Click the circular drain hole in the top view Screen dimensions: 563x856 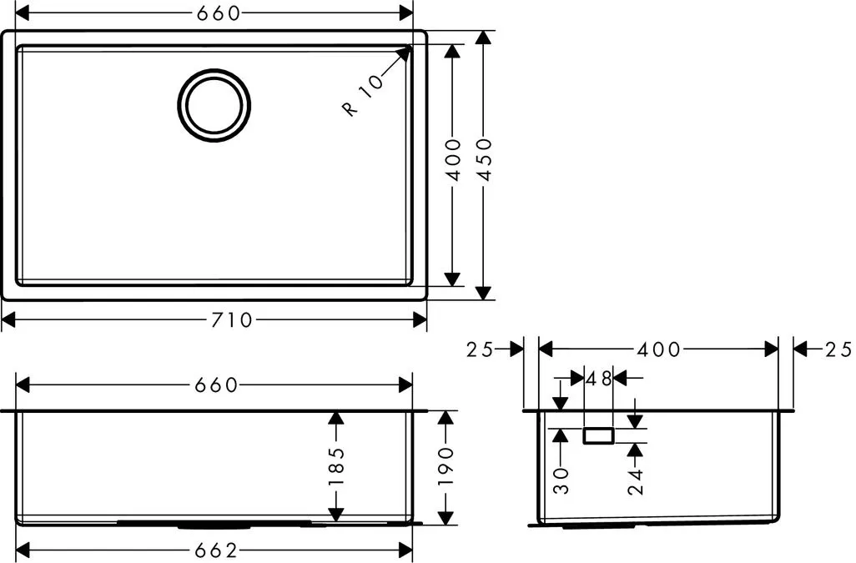[x=214, y=104]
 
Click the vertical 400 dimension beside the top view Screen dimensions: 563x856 [x=453, y=160]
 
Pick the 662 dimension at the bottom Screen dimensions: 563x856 [x=216, y=550]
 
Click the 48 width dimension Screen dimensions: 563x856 [x=599, y=378]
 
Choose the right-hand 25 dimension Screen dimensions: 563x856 [x=839, y=349]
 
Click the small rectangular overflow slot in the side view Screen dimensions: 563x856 [x=598, y=435]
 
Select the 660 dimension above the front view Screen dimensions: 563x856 [x=216, y=385]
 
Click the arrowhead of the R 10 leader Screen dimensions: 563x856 [x=406, y=53]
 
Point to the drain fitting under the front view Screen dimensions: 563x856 [x=212, y=525]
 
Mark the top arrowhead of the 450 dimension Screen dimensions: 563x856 [x=483, y=38]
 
